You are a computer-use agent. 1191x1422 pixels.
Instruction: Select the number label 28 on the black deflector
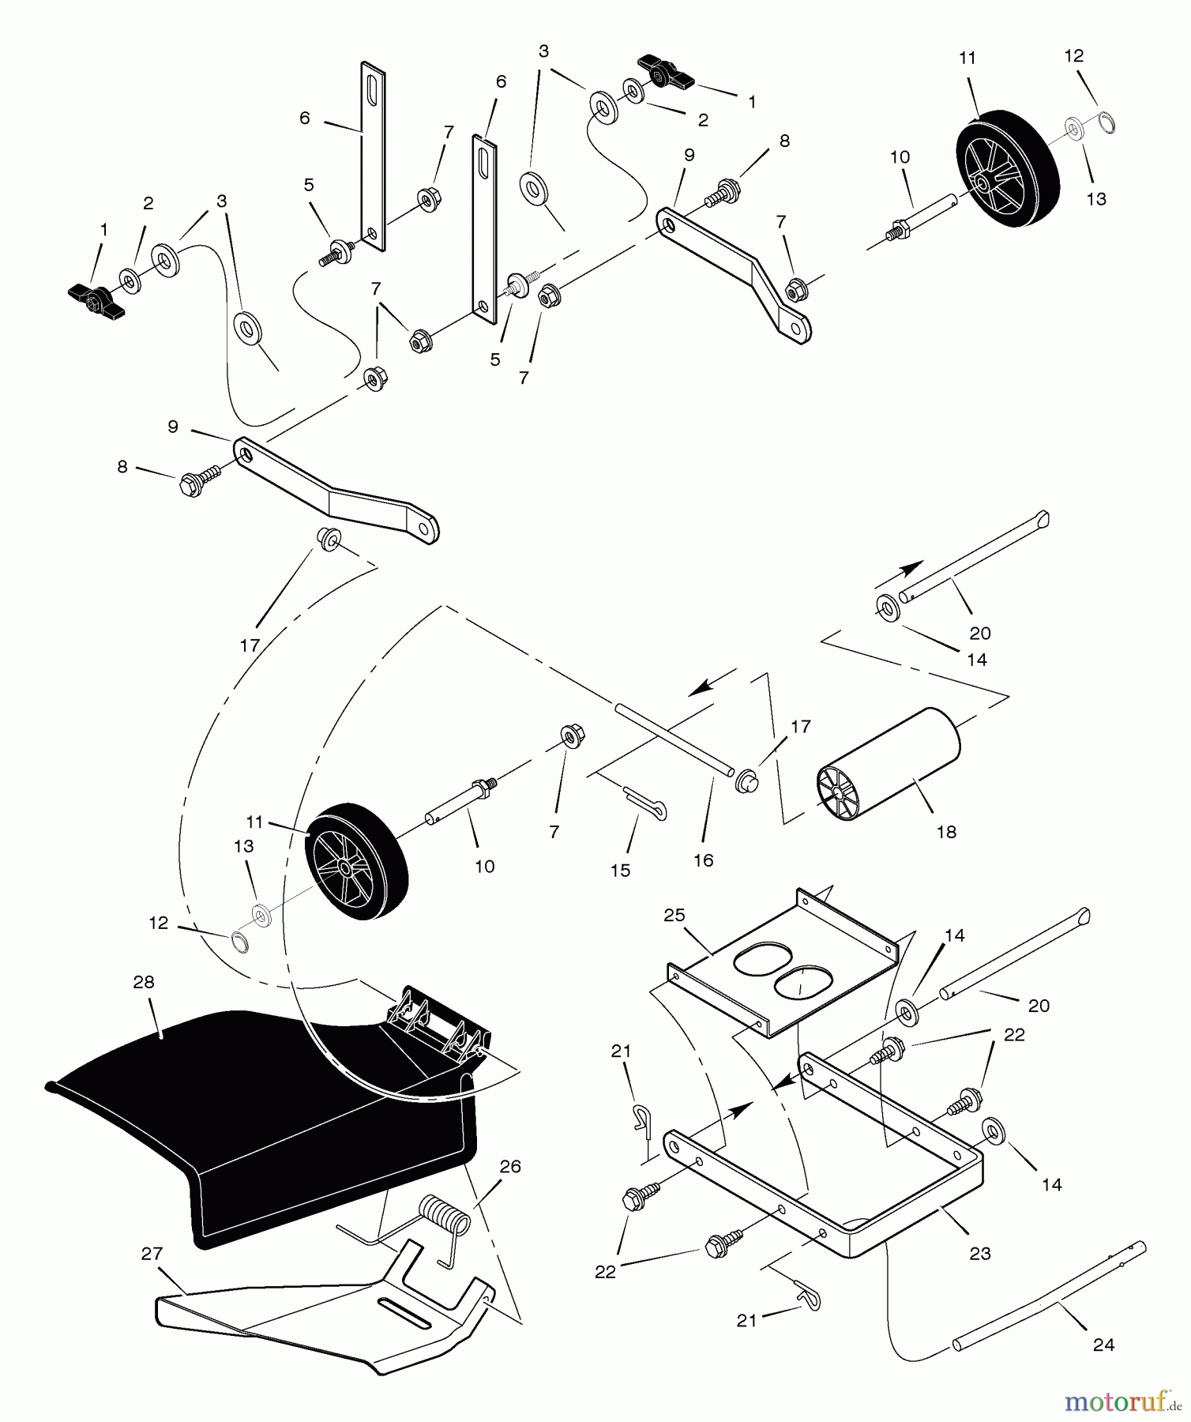click(x=144, y=982)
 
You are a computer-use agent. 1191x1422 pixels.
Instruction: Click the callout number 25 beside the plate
click(x=674, y=915)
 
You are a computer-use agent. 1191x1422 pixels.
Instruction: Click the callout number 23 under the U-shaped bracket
click(x=979, y=1253)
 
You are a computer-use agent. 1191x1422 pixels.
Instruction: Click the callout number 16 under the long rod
click(x=703, y=860)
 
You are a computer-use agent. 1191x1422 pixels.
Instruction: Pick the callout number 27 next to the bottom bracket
click(x=152, y=1253)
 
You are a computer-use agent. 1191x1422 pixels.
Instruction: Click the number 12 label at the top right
click(x=1073, y=56)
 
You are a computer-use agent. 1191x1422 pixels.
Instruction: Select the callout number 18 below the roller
click(x=946, y=831)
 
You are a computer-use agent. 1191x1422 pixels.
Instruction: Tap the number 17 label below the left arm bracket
click(x=250, y=645)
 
